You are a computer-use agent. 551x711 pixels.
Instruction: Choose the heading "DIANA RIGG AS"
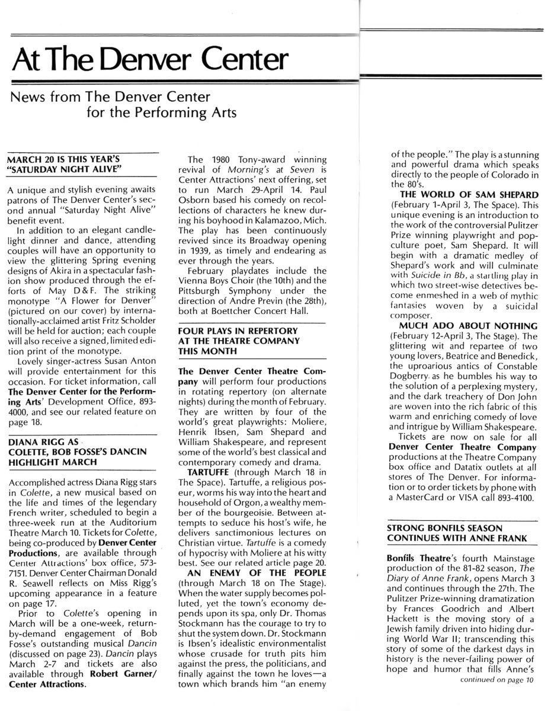[x=43, y=441]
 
